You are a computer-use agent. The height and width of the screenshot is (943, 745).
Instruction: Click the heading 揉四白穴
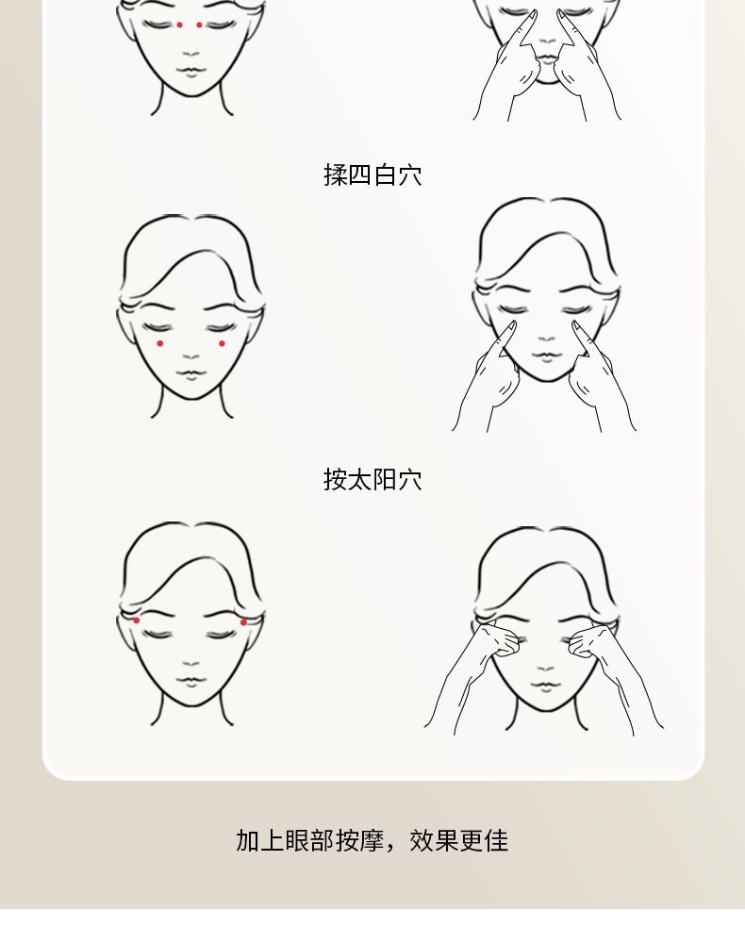(372, 175)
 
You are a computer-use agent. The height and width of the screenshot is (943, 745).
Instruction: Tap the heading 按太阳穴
(372, 479)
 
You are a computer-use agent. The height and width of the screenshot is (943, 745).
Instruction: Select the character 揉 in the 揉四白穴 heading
(335, 175)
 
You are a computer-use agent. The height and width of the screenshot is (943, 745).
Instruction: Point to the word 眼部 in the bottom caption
(309, 840)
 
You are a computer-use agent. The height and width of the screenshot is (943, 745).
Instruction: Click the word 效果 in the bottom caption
(434, 840)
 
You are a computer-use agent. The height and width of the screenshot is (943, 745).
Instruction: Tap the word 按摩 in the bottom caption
(359, 840)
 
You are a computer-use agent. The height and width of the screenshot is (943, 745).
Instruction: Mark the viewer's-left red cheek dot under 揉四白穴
(160, 343)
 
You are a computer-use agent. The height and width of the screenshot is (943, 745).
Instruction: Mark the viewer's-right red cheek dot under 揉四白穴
(222, 343)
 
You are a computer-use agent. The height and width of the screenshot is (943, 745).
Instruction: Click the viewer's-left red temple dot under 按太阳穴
(137, 620)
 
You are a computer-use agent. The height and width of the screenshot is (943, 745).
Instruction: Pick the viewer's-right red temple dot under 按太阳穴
(243, 621)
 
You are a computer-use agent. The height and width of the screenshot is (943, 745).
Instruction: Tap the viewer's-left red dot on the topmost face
(180, 25)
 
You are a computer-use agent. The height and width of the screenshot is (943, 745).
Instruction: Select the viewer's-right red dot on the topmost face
(200, 25)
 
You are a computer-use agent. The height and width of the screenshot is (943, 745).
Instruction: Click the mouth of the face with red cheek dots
(191, 373)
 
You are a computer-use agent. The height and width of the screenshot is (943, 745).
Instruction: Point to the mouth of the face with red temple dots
(191, 681)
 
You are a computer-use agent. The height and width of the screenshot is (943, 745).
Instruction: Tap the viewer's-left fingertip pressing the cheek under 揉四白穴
(512, 325)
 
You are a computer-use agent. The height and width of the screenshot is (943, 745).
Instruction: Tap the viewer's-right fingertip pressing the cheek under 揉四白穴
(576, 325)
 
